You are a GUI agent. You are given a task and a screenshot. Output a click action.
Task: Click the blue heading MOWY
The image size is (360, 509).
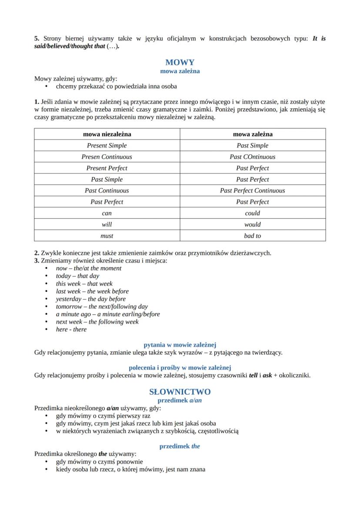pyautogui.click(x=180, y=62)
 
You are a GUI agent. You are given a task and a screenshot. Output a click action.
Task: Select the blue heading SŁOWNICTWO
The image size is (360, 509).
pyautogui.click(x=180, y=392)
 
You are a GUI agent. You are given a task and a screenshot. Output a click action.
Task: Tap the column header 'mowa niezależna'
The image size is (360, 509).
pyautogui.click(x=107, y=134)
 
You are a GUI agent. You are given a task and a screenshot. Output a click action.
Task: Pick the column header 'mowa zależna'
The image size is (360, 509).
pyautogui.click(x=253, y=134)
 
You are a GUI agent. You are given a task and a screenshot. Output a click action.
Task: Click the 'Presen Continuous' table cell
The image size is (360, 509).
pyautogui.click(x=107, y=157)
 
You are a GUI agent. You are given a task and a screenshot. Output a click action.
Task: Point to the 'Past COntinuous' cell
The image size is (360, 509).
pyautogui.click(x=253, y=157)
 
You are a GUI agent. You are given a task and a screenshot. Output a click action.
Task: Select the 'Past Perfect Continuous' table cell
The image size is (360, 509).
pyautogui.click(x=253, y=190)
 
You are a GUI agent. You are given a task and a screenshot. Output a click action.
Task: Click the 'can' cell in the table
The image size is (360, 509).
pyautogui.click(x=107, y=213)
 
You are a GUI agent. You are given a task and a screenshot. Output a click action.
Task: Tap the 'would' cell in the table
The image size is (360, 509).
pyautogui.click(x=253, y=224)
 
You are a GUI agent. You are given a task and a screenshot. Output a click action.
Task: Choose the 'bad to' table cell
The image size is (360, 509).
pyautogui.click(x=253, y=236)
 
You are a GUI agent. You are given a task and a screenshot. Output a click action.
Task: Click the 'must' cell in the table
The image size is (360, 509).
pyautogui.click(x=107, y=236)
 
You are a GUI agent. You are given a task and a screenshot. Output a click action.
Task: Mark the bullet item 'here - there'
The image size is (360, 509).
pyautogui.click(x=71, y=329)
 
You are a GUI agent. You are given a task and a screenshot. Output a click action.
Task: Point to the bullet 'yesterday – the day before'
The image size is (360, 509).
pyautogui.click(x=90, y=299)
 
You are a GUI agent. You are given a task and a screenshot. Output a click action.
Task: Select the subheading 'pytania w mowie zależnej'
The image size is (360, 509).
pyautogui.click(x=180, y=345)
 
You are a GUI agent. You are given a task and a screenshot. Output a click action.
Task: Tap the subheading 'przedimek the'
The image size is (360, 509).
pyautogui.click(x=180, y=446)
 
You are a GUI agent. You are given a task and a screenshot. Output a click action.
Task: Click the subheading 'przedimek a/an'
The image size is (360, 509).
pyautogui.click(x=180, y=400)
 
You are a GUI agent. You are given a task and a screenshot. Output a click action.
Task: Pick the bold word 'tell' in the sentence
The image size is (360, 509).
pyautogui.click(x=253, y=376)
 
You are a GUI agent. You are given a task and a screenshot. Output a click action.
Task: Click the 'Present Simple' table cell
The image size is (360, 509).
pyautogui.click(x=107, y=146)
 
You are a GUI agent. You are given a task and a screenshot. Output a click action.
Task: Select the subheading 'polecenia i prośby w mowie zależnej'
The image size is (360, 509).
pyautogui.click(x=180, y=368)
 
